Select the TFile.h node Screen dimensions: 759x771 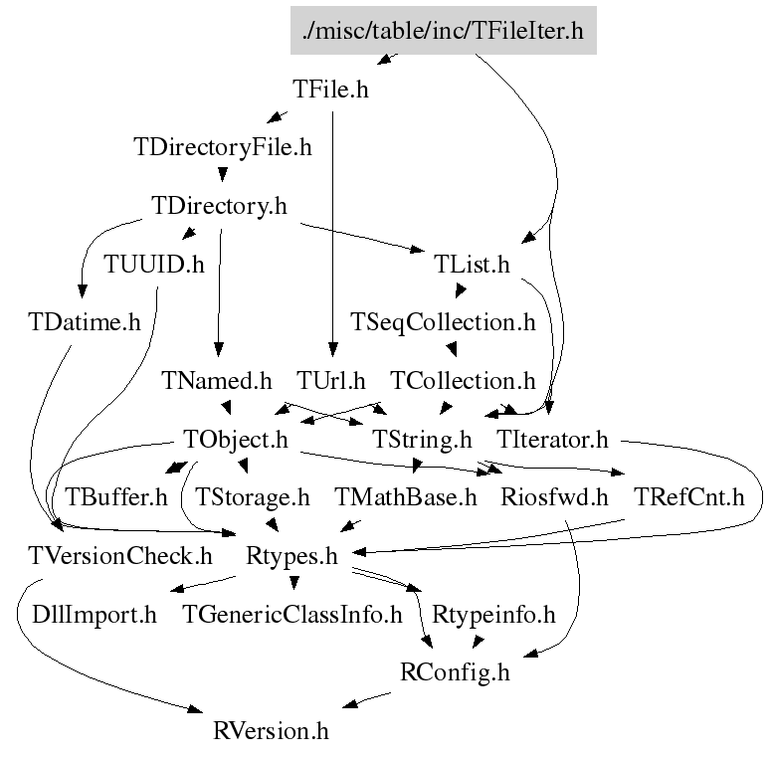pyautogui.click(x=331, y=90)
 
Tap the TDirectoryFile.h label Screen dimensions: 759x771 pyautogui.click(x=222, y=148)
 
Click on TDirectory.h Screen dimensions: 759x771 pyautogui.click(x=219, y=206)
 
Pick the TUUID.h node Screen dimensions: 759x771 pyautogui.click(x=154, y=265)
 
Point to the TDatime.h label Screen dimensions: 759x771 pyautogui.click(x=84, y=322)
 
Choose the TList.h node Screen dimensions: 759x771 pyautogui.click(x=472, y=265)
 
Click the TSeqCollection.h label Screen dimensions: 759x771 pyautogui.click(x=443, y=322)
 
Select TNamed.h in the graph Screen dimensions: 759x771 pyautogui.click(x=217, y=381)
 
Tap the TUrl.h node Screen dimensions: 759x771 pyautogui.click(x=331, y=381)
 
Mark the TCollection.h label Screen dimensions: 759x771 pyautogui.click(x=463, y=381)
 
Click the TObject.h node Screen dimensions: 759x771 pyautogui.click(x=236, y=439)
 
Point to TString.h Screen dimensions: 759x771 pyautogui.click(x=422, y=439)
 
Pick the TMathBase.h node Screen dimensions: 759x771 pyautogui.click(x=406, y=497)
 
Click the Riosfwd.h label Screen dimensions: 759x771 pyautogui.click(x=555, y=497)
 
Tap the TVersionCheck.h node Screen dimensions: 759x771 pyautogui.click(x=120, y=555)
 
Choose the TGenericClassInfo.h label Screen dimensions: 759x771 pyautogui.click(x=292, y=614)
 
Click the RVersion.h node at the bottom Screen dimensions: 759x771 pyautogui.click(x=271, y=731)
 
